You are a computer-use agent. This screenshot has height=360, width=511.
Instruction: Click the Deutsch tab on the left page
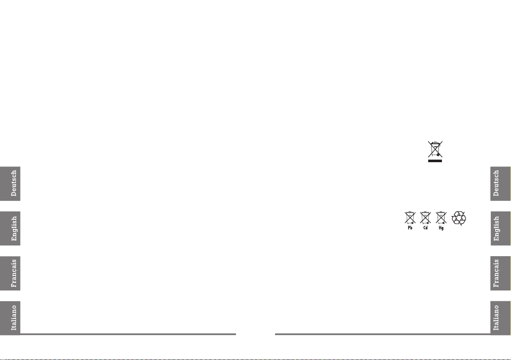click(10, 183)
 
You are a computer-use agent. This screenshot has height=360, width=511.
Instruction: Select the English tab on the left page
click(10, 229)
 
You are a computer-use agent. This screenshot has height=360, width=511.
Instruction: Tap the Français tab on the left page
click(10, 274)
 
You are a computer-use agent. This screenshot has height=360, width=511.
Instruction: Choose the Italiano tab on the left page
click(10, 318)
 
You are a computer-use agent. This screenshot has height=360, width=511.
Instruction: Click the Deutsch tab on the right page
click(500, 183)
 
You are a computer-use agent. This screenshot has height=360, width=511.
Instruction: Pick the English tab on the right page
click(500, 229)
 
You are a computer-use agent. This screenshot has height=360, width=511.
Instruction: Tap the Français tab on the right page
click(500, 274)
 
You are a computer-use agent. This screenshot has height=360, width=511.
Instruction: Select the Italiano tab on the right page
click(500, 318)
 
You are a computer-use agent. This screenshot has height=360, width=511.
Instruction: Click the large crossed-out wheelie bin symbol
click(435, 149)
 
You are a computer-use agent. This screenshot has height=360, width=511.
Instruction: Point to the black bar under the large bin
click(435, 161)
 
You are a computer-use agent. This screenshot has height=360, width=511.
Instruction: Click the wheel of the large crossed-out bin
click(438, 155)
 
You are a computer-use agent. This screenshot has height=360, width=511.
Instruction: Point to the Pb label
click(410, 228)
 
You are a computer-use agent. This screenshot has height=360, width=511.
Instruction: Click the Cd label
click(425, 228)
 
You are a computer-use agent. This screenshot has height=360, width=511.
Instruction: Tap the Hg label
click(440, 228)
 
